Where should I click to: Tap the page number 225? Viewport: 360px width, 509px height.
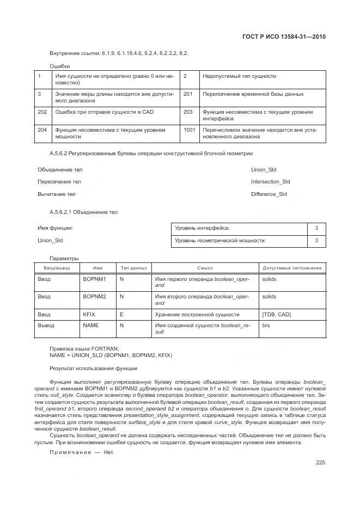pyautogui.click(x=320, y=463)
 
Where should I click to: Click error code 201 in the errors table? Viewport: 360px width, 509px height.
pyautogui.click(x=188, y=94)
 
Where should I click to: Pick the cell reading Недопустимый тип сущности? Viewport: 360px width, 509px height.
pyautogui.click(x=239, y=76)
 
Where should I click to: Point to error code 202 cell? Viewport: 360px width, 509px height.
pyautogui.click(x=42, y=112)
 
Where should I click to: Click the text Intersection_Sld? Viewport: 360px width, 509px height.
pyautogui.click(x=270, y=182)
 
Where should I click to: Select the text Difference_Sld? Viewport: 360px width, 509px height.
pyautogui.click(x=269, y=194)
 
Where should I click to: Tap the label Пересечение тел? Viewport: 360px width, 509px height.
pyautogui.click(x=59, y=182)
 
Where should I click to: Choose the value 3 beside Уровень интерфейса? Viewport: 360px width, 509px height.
pyautogui.click(x=316, y=228)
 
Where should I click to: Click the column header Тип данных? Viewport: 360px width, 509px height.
pyautogui.click(x=134, y=268)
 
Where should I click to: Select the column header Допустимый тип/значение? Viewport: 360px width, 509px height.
pyautogui.click(x=292, y=268)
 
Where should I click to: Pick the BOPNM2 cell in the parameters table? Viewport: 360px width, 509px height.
pyautogui.click(x=94, y=297)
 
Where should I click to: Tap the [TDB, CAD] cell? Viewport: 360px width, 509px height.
pyautogui.click(x=277, y=315)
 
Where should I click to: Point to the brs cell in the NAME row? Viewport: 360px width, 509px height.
pyautogui.click(x=266, y=325)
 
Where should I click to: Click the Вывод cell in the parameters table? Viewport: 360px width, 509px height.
pyautogui.click(x=46, y=325)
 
